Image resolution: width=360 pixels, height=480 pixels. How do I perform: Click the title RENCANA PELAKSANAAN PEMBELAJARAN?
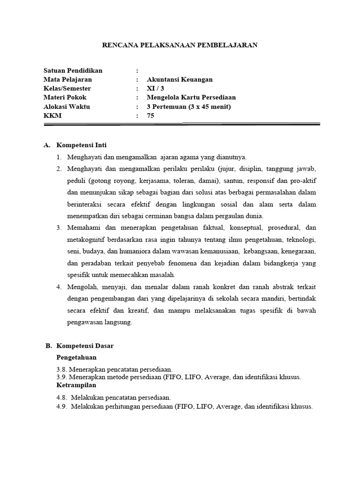(180, 45)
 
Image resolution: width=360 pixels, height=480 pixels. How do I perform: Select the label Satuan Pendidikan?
(73, 71)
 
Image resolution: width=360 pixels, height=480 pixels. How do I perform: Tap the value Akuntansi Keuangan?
(180, 80)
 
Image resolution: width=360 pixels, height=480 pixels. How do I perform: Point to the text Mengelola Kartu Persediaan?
(191, 97)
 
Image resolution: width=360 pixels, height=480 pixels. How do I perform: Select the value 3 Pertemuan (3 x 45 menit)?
(189, 106)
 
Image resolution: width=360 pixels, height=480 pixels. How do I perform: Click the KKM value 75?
(150, 115)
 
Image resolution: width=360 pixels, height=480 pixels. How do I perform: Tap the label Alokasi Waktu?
(67, 106)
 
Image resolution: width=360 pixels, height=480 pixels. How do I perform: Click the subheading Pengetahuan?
(76, 357)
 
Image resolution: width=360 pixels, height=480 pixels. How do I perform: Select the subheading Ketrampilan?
(76, 385)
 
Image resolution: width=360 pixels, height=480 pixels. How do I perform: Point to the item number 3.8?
(62, 369)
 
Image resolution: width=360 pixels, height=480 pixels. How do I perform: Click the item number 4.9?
(62, 406)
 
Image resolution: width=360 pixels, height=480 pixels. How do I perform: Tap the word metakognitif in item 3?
(86, 239)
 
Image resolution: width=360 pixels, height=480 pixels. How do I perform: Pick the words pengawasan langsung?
(99, 322)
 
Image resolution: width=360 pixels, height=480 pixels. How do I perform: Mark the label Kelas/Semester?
(67, 89)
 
